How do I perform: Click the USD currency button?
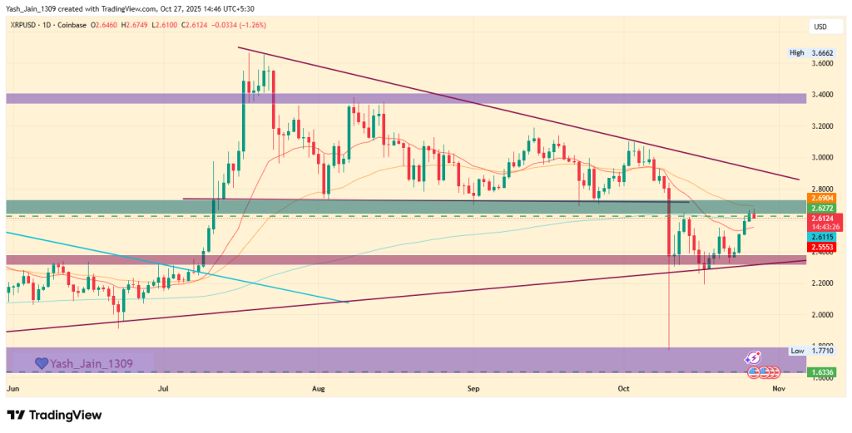click(820, 27)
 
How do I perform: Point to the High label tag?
click(796, 52)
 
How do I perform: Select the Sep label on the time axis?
click(473, 388)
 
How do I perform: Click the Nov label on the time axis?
click(778, 388)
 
